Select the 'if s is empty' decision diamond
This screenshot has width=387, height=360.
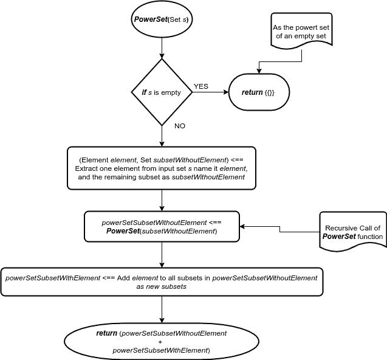click(162, 92)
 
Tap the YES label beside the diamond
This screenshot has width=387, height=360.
click(200, 86)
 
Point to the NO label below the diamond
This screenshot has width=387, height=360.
click(180, 126)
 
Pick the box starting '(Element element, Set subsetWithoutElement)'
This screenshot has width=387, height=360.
click(162, 168)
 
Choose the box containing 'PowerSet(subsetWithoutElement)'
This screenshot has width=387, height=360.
click(162, 226)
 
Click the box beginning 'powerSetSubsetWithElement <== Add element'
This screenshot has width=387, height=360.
click(162, 282)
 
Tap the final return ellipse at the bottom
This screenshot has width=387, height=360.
click(162, 342)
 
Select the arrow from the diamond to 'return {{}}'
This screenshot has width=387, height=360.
click(210, 93)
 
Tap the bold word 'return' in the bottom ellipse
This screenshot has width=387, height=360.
click(107, 334)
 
